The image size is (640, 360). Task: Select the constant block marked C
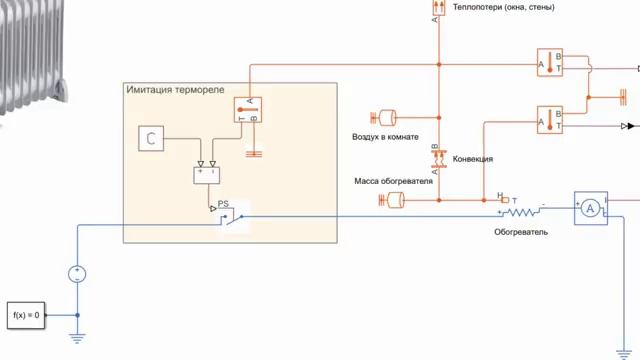tap(151, 139)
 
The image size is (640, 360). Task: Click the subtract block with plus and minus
tap(210, 174)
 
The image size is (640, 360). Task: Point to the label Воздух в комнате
tap(385, 136)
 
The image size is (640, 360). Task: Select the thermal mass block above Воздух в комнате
tap(385, 117)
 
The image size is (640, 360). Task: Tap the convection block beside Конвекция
tap(436, 156)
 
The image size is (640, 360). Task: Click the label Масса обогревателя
tap(393, 182)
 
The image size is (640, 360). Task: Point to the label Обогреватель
tap(521, 232)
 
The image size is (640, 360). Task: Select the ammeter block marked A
tap(590, 208)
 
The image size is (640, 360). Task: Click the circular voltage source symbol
tap(77, 273)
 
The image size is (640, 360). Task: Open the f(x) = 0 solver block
tap(26, 315)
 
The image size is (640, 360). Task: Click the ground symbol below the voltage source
tap(77, 337)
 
